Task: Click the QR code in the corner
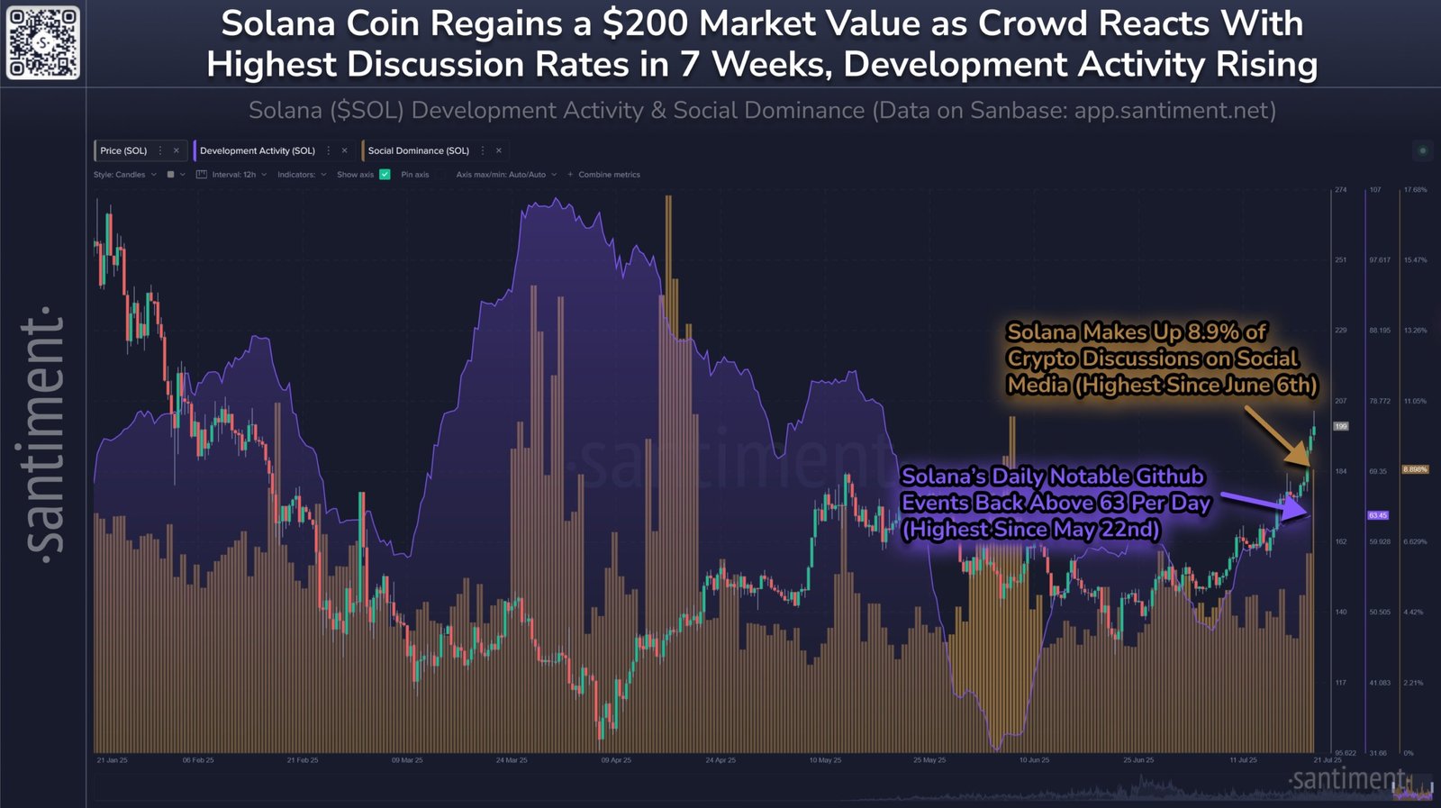pyautogui.click(x=42, y=42)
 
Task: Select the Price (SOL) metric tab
pyautogui.click(x=123, y=150)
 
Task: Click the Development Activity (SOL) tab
pyautogui.click(x=257, y=150)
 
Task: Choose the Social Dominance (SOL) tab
pyautogui.click(x=418, y=150)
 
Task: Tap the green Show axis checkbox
pyautogui.click(x=385, y=175)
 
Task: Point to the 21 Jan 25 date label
pyautogui.click(x=112, y=760)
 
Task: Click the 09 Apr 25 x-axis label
pyautogui.click(x=616, y=760)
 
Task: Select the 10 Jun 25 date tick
pyautogui.click(x=1034, y=760)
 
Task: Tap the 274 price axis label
pyautogui.click(x=1340, y=190)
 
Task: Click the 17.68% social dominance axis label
pyautogui.click(x=1415, y=190)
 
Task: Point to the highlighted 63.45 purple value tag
pyautogui.click(x=1378, y=515)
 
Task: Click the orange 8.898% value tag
pyautogui.click(x=1415, y=469)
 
